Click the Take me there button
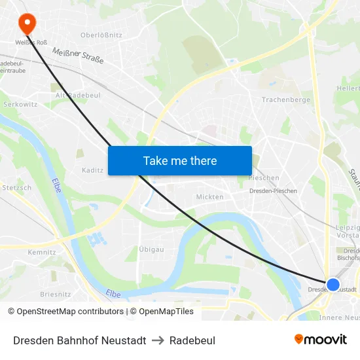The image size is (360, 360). pos(180,160)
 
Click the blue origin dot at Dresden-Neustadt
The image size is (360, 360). pos(333,284)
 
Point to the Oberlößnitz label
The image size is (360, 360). pos(101,35)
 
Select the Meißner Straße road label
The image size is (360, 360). pos(78,56)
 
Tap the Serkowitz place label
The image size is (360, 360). pos(20,104)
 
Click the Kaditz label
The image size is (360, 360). pos(92,170)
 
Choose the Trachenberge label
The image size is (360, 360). pos(285,99)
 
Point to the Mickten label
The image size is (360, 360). pos(209,196)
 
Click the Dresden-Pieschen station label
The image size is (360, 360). pos(273,191)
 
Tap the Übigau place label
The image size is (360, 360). pos(151,249)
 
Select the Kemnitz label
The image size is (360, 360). pos(41,252)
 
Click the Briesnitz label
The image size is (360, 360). pos(55,294)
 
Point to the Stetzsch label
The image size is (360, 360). pos(16,187)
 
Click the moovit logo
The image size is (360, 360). pos(321,340)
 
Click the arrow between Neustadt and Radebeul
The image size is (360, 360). pos(158,340)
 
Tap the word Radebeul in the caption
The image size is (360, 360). pos(192,340)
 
